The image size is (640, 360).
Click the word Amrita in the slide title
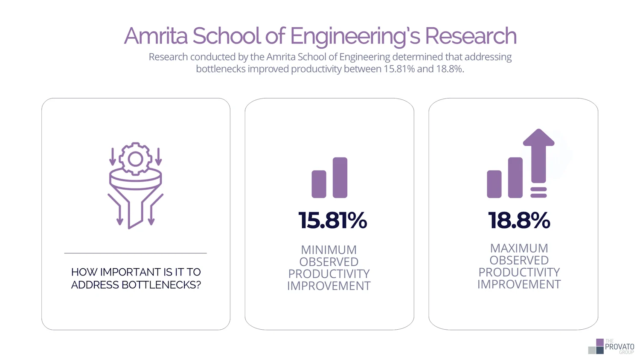click(x=156, y=36)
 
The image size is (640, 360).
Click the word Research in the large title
click(x=471, y=36)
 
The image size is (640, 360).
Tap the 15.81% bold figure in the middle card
click(x=332, y=221)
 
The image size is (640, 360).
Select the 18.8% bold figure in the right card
click(x=519, y=221)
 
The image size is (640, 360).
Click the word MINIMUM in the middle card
click(x=329, y=250)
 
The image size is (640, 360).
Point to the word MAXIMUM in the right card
click(x=519, y=248)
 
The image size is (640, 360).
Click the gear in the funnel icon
click(x=135, y=159)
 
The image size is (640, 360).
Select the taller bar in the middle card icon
click(x=340, y=177)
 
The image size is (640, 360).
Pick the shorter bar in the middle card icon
click(x=319, y=184)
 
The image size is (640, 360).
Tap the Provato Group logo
click(x=611, y=346)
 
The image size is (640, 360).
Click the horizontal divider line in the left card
click(x=135, y=253)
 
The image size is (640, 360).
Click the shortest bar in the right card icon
click(x=494, y=184)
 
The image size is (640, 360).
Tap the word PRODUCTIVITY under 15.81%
click(x=329, y=274)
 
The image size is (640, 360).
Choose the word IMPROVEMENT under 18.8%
click(x=519, y=285)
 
